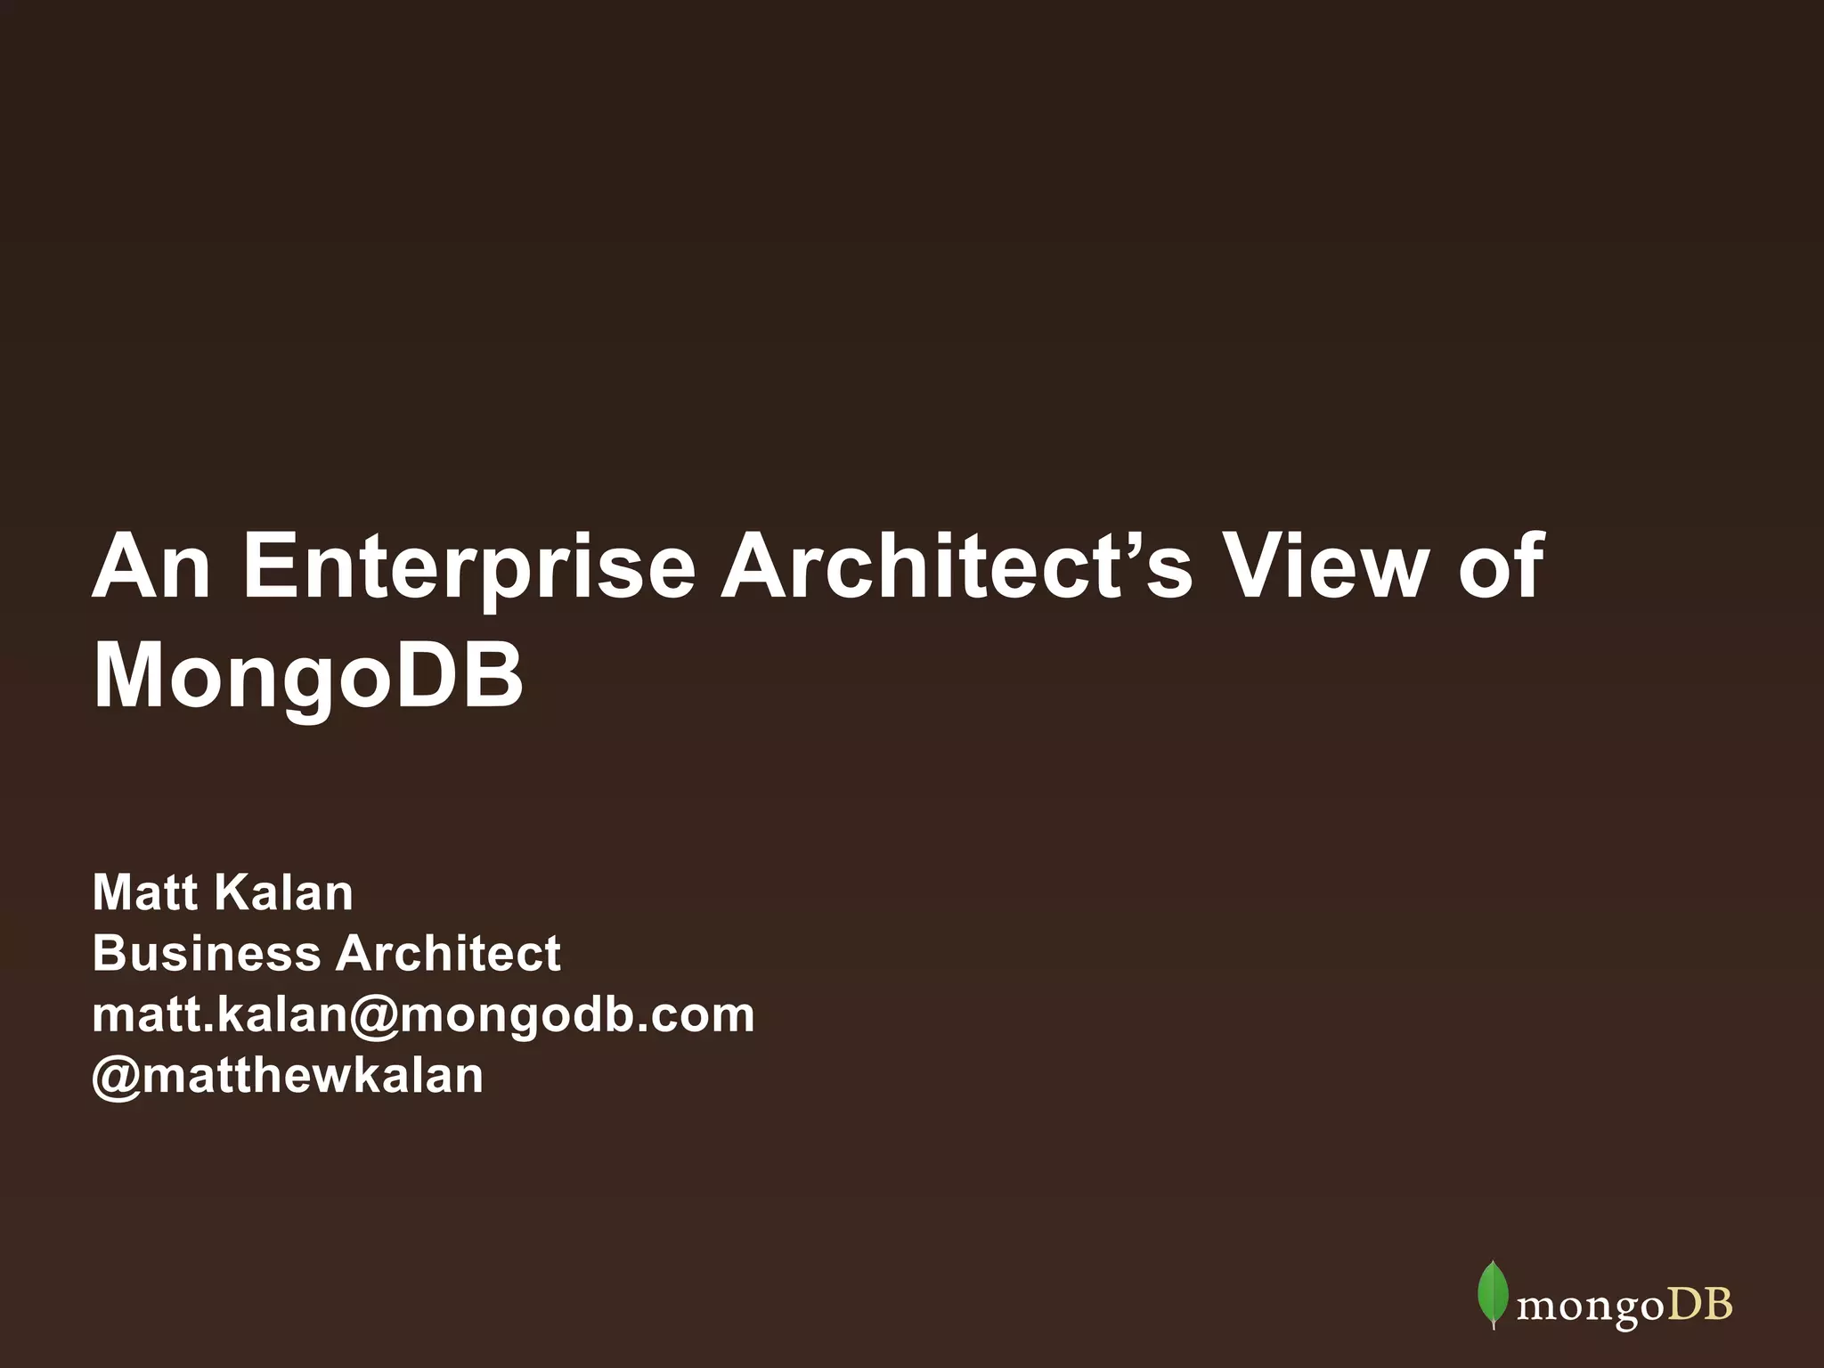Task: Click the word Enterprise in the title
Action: pyautogui.click(x=468, y=567)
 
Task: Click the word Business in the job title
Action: pyautogui.click(x=207, y=953)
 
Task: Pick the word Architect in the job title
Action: pyautogui.click(x=448, y=953)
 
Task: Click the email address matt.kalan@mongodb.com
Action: pyautogui.click(x=423, y=1014)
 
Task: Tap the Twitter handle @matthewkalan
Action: pyautogui.click(x=288, y=1075)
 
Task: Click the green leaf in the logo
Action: pyautogui.click(x=1492, y=1293)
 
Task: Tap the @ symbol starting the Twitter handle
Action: pyautogui.click(x=116, y=1076)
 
